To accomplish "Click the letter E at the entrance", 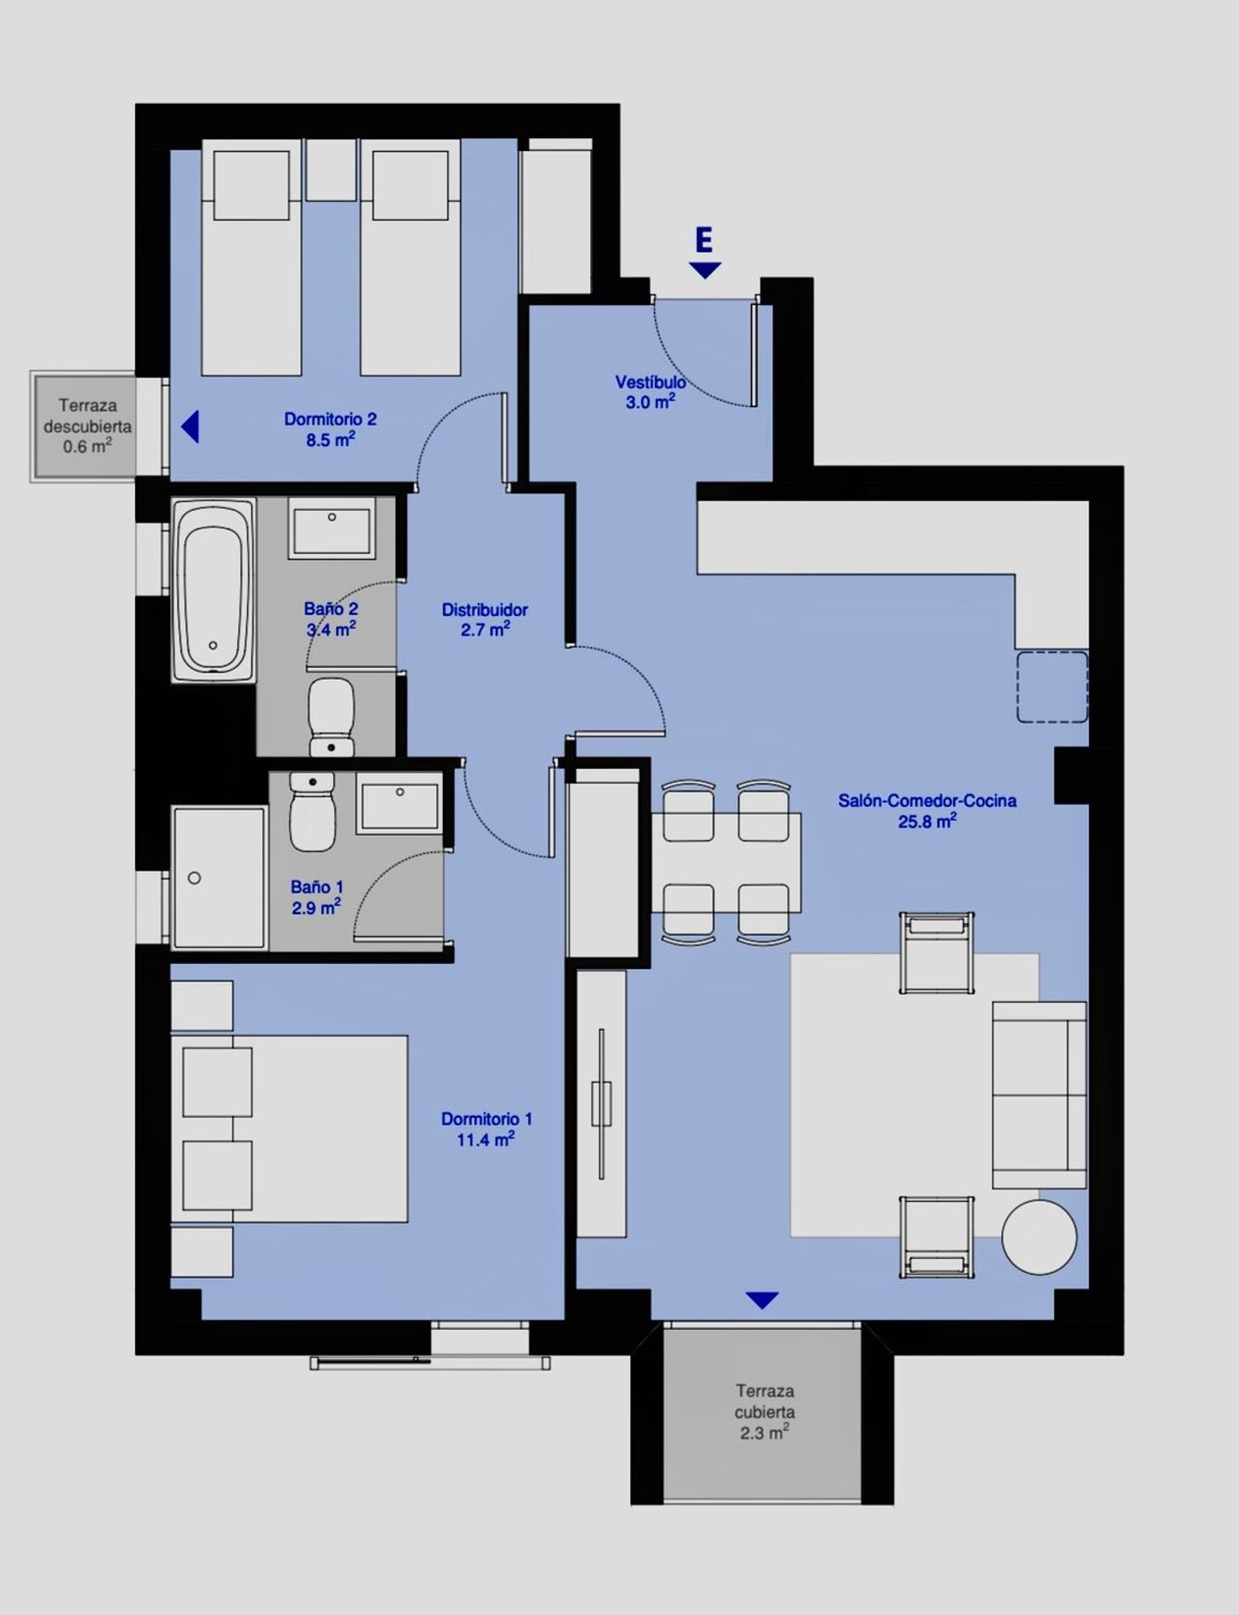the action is click(704, 240).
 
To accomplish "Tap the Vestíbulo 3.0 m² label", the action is click(650, 392).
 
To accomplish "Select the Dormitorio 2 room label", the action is click(330, 430).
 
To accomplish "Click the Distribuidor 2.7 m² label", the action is click(485, 620).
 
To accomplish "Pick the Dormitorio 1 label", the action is click(487, 1129).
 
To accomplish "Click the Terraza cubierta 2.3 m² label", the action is click(765, 1412).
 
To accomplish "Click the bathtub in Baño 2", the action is click(213, 590).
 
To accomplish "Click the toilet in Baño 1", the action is click(312, 812).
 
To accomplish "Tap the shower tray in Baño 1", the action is click(219, 876).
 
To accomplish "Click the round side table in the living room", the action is click(1039, 1237).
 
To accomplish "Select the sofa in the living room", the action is click(1039, 1095).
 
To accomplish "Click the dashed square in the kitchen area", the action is click(1051, 687).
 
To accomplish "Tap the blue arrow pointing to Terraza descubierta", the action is click(190, 427).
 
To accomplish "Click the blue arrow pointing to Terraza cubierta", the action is click(762, 1300).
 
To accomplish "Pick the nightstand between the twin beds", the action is click(331, 169).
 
